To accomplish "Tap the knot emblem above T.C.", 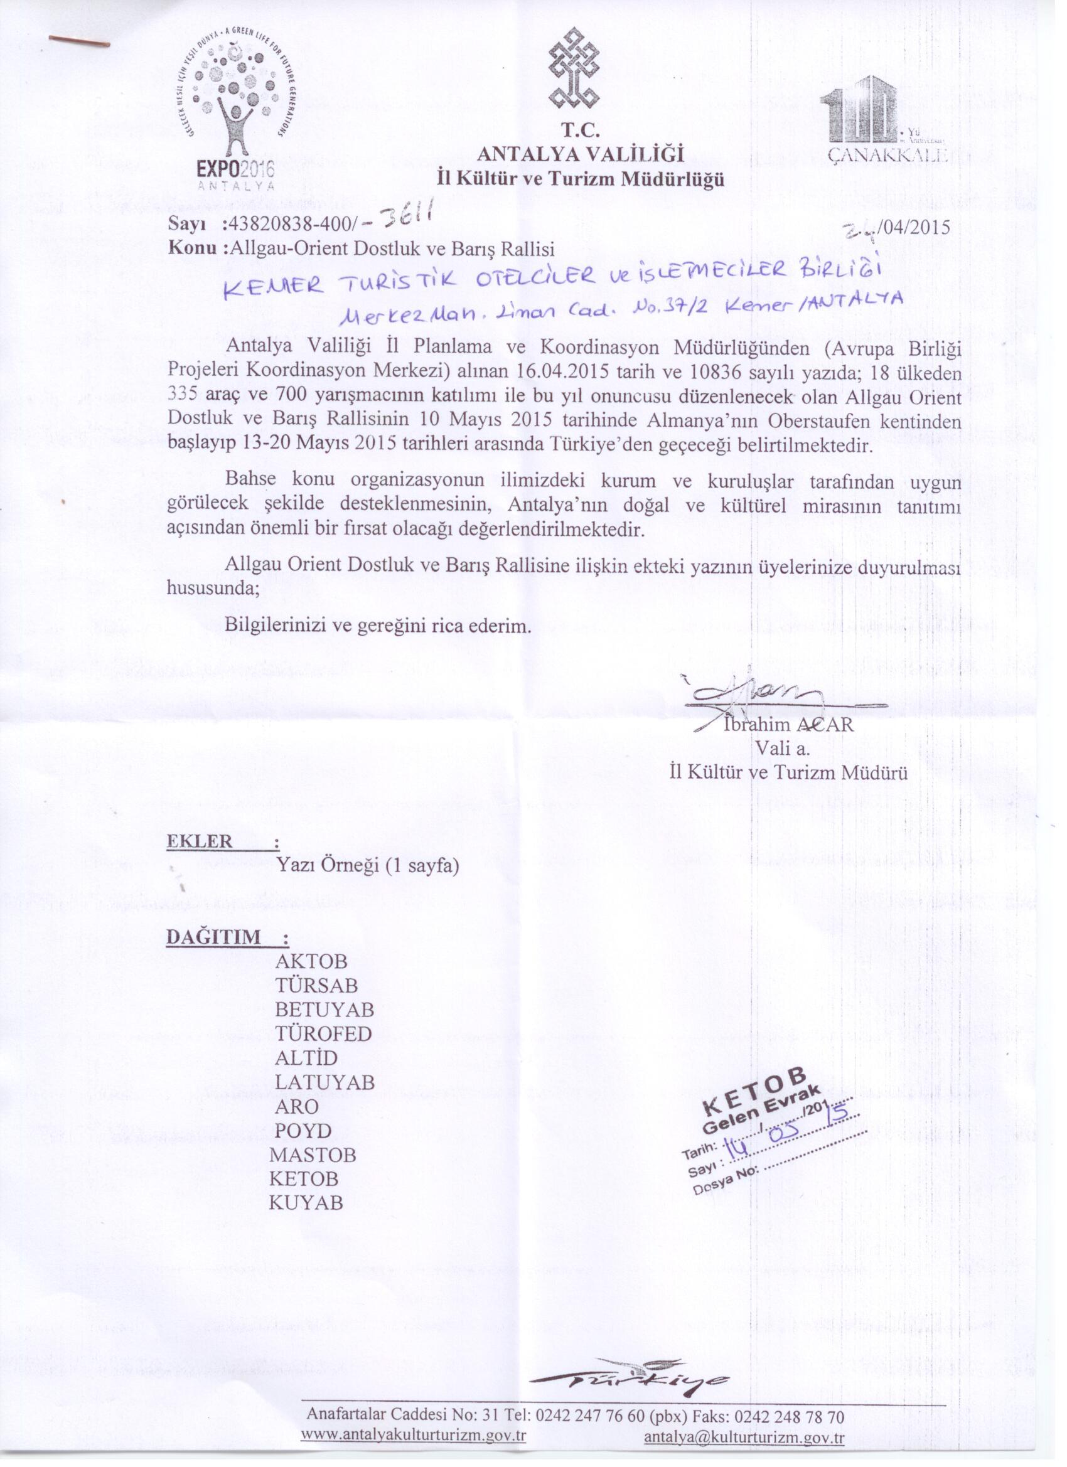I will pos(573,70).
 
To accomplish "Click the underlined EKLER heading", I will pos(200,841).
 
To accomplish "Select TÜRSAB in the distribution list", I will pos(316,986).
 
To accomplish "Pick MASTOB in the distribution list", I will pos(313,1155).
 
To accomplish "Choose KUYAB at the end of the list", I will pos(306,1203).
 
